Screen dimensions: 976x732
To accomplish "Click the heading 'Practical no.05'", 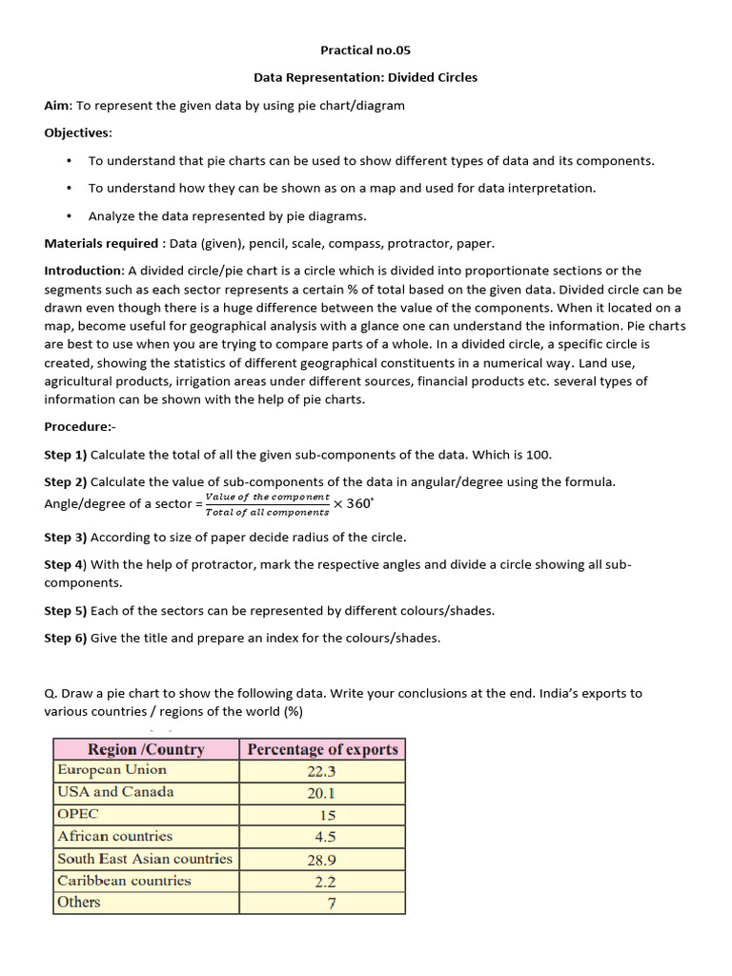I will tap(365, 50).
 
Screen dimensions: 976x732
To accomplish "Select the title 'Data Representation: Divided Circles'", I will tap(365, 77).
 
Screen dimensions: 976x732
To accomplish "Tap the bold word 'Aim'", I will tap(57, 105).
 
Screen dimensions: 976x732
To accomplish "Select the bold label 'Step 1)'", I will tap(66, 454).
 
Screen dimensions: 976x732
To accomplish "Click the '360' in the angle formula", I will tap(359, 503).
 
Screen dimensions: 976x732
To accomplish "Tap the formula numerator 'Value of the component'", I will tap(268, 497).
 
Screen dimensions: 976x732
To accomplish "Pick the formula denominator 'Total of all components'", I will tap(268, 512).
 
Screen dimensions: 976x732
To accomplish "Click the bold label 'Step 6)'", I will tap(66, 638).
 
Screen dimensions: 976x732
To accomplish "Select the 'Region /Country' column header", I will tap(146, 749).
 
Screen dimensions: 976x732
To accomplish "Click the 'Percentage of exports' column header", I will tap(322, 749).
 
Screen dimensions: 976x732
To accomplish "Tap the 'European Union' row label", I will tap(112, 770).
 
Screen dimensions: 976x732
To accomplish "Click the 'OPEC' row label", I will tap(78, 814).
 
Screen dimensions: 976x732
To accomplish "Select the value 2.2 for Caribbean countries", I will tap(324, 882).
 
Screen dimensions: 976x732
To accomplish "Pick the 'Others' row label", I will tap(79, 902).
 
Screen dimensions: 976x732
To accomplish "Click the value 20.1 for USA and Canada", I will tap(321, 793).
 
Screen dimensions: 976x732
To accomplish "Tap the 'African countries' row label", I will tap(115, 836).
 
